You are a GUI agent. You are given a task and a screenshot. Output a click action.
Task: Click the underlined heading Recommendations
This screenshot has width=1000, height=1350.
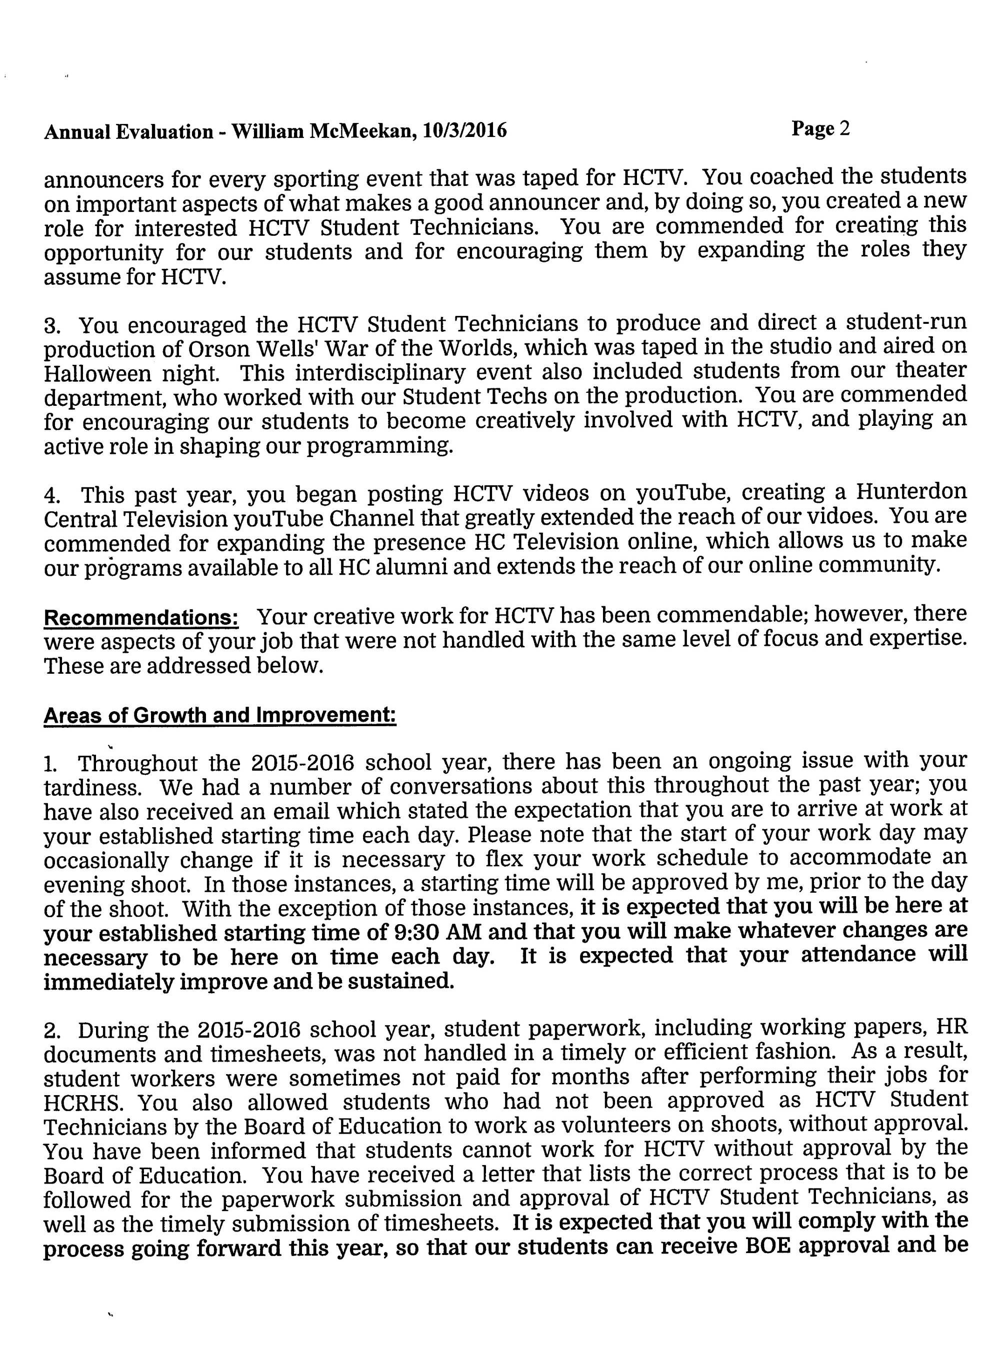[140, 618]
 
